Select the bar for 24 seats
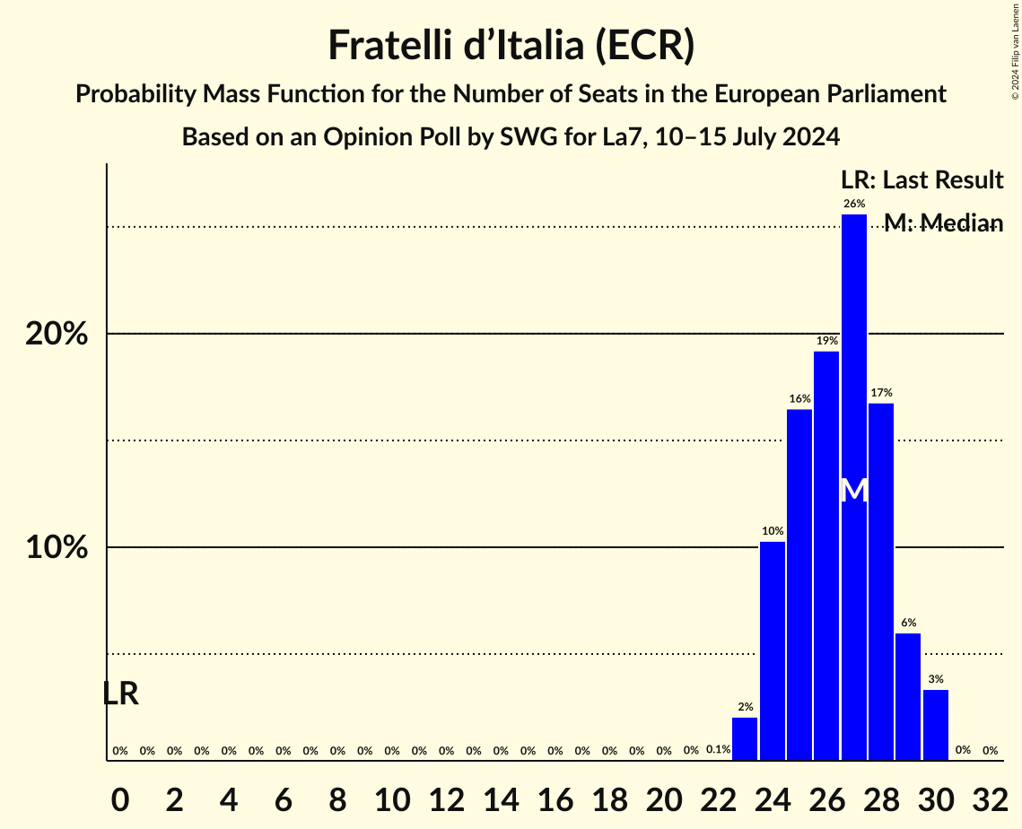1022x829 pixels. [773, 650]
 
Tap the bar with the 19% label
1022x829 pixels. [826, 555]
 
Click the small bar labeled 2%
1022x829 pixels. [745, 739]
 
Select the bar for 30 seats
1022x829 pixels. [936, 725]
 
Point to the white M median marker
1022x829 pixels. [854, 491]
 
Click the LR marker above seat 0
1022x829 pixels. [120, 694]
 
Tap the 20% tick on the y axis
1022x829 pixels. [57, 334]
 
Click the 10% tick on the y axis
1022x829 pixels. [57, 547]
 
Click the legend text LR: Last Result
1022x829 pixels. [922, 180]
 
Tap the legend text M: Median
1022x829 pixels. [943, 223]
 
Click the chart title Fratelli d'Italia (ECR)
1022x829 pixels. [511, 45]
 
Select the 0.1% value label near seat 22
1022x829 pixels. [718, 749]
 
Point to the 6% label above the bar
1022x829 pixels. [908, 623]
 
